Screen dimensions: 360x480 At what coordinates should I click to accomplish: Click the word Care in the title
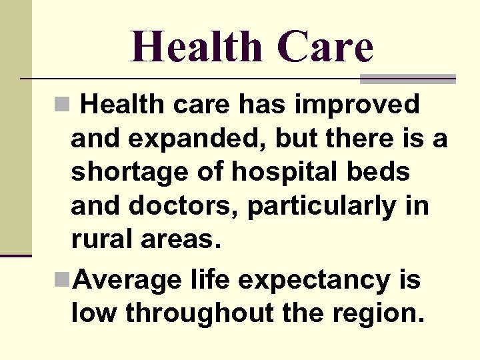325,47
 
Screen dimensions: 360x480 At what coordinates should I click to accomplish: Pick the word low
93,312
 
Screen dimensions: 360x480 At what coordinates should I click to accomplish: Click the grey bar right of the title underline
407,79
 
